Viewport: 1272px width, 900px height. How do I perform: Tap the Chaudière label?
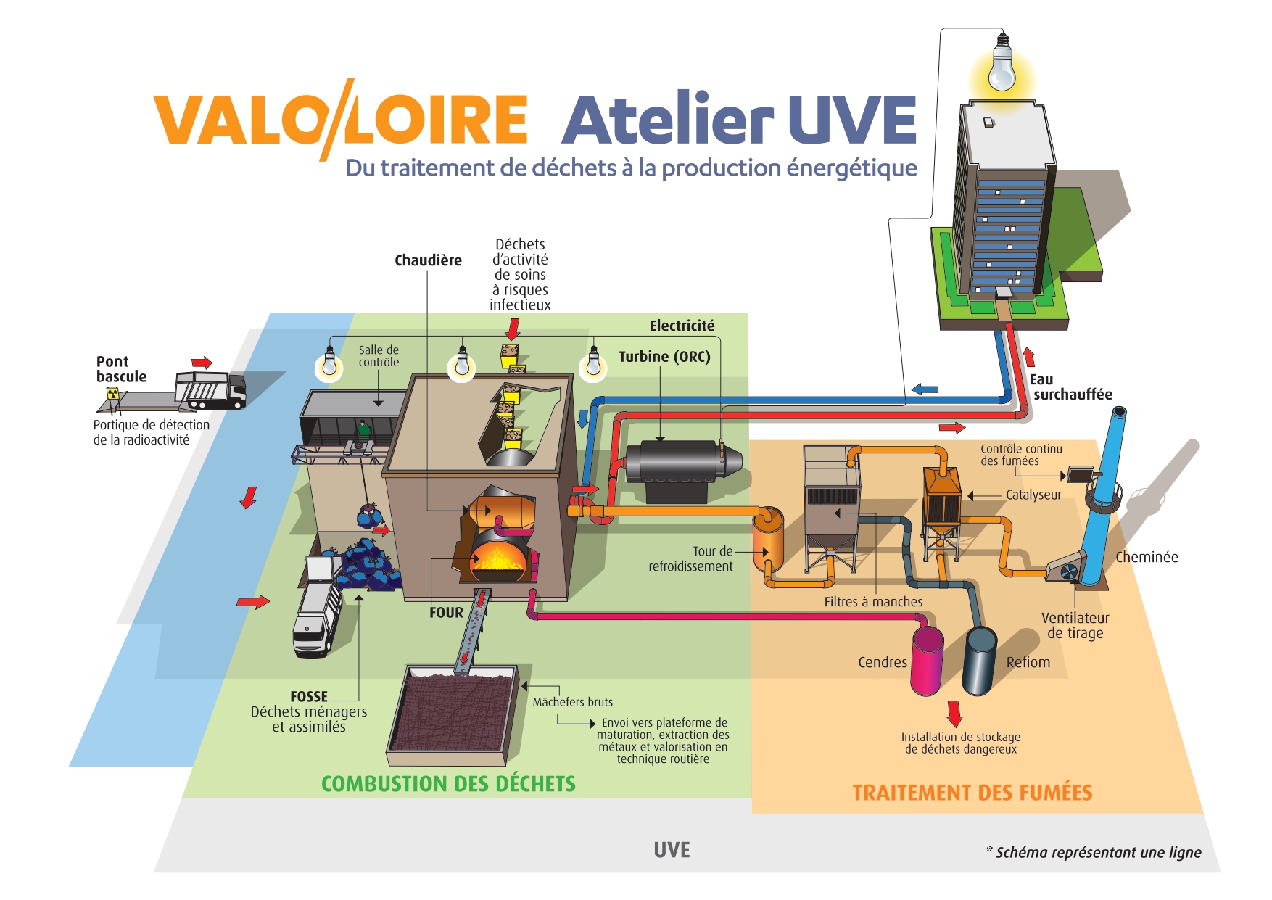pos(428,260)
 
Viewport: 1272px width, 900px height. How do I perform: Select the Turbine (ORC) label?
pos(664,357)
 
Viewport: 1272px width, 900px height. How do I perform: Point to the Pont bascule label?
pos(121,369)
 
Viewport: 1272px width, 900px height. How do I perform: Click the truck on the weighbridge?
pos(211,389)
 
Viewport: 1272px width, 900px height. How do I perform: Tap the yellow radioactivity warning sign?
pos(112,393)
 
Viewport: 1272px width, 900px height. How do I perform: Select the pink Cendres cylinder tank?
pos(927,660)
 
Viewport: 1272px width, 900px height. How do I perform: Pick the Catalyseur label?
pos(1033,495)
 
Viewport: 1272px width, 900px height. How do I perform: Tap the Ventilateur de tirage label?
pos(1075,625)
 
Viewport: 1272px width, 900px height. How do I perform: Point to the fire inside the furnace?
pos(499,558)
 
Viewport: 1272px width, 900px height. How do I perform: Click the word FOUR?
pos(446,613)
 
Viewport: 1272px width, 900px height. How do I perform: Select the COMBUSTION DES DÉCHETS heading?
pos(448,784)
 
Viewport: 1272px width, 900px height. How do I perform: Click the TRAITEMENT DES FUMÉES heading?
pos(972,793)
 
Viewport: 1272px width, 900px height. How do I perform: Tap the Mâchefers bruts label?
pos(572,702)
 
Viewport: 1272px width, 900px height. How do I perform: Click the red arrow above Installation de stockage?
pos(954,712)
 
